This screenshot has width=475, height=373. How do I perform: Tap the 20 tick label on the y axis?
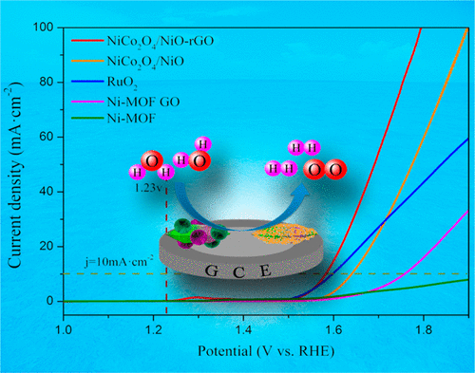(x=48, y=247)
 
